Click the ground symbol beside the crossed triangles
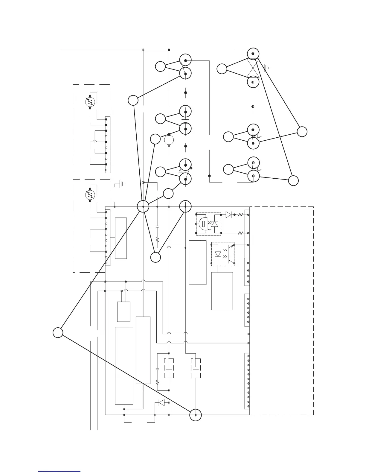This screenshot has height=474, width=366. pyautogui.click(x=267, y=68)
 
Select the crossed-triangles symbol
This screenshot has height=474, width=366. pyautogui.click(x=253, y=68)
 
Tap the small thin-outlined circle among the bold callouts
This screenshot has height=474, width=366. pyautogui.click(x=169, y=140)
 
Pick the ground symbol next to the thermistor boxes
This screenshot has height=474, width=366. pyautogui.click(x=121, y=184)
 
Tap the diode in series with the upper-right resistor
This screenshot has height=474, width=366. pyautogui.click(x=228, y=215)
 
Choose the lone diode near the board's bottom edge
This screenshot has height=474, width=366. pyautogui.click(x=161, y=403)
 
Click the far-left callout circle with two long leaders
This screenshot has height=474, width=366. pyautogui.click(x=58, y=332)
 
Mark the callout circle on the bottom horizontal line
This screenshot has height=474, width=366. pyautogui.click(x=196, y=415)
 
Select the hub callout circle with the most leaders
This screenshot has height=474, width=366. pyautogui.click(x=143, y=206)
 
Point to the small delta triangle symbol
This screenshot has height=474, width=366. pyautogui.click(x=180, y=170)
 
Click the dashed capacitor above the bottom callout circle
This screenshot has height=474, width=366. pyautogui.click(x=196, y=368)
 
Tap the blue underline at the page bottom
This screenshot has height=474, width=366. pyautogui.click(x=59, y=471)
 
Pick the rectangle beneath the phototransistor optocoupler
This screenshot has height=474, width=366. pyautogui.click(x=222, y=291)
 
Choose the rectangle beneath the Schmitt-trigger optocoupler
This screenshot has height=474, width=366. pyautogui.click(x=198, y=262)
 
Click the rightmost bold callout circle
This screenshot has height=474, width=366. pyautogui.click(x=302, y=132)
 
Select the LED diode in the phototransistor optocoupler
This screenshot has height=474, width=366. pyautogui.click(x=218, y=254)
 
